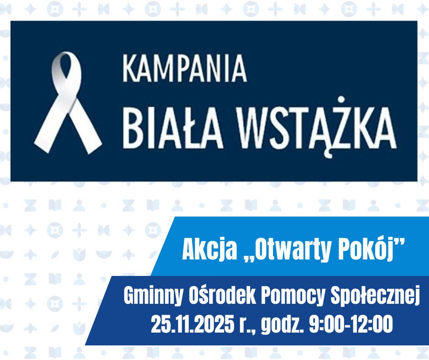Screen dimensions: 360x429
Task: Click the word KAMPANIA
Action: tap(184, 69)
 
